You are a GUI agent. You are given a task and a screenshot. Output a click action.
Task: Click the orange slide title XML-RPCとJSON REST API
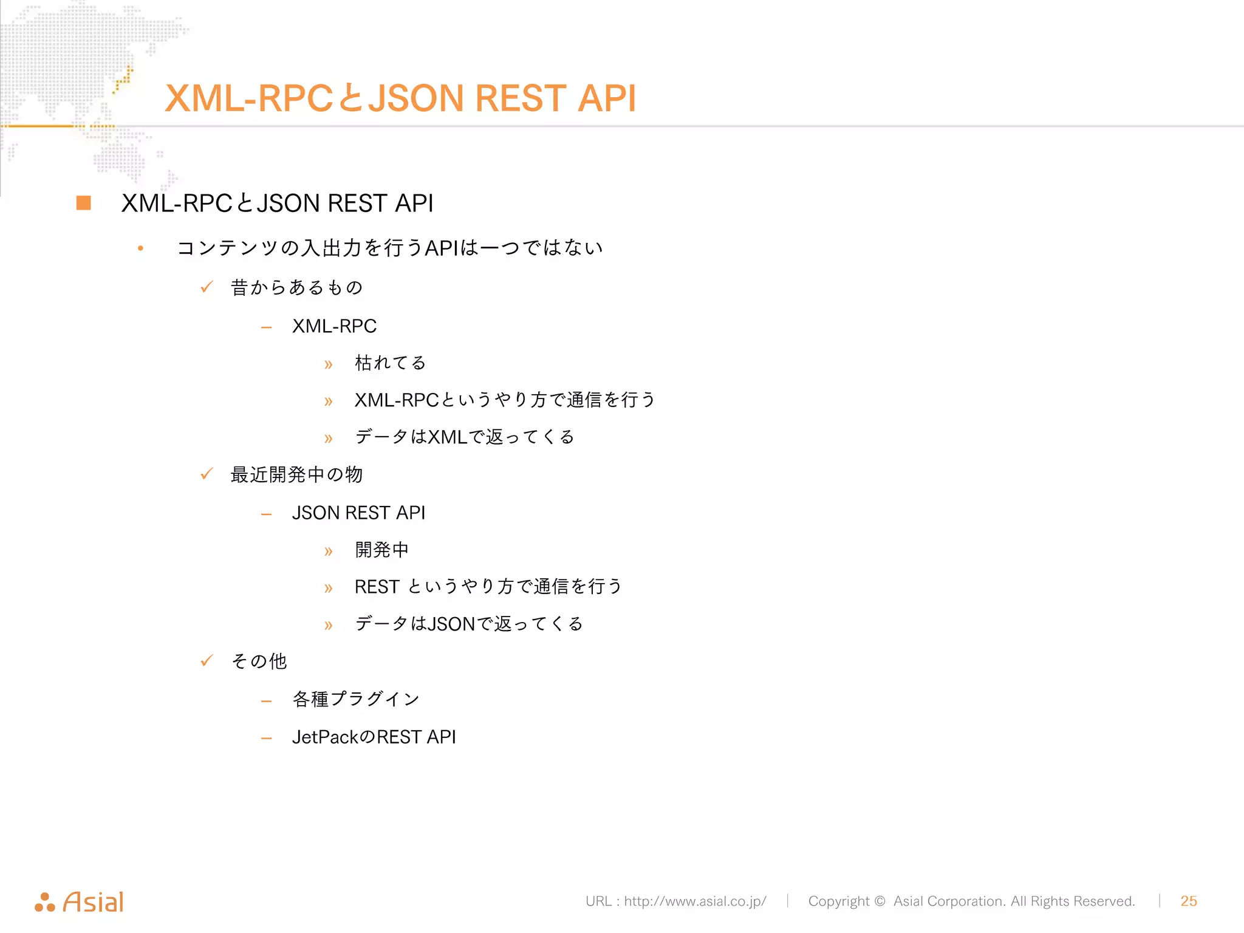pyautogui.click(x=400, y=98)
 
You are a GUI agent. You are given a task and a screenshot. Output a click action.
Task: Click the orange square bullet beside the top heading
pyautogui.click(x=84, y=203)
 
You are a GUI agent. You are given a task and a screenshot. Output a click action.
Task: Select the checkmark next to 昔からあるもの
pyautogui.click(x=207, y=287)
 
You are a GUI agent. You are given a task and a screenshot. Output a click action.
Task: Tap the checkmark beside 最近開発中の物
pyautogui.click(x=207, y=474)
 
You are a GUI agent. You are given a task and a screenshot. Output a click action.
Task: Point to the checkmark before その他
pyautogui.click(x=207, y=660)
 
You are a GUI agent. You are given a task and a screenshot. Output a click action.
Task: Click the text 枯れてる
pyautogui.click(x=390, y=363)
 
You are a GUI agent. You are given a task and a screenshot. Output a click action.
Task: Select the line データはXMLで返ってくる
pyautogui.click(x=465, y=437)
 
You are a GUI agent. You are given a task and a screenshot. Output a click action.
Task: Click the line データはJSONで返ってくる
pyautogui.click(x=469, y=624)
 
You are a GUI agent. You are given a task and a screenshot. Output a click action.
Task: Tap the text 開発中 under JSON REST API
pyautogui.click(x=381, y=550)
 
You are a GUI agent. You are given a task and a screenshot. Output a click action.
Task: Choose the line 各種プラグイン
pyautogui.click(x=356, y=699)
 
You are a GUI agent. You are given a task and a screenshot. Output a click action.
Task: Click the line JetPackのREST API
pyautogui.click(x=374, y=737)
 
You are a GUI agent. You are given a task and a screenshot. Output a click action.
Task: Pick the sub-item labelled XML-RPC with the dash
pyautogui.click(x=334, y=326)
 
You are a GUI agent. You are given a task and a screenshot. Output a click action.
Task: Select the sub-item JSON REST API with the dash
pyautogui.click(x=358, y=513)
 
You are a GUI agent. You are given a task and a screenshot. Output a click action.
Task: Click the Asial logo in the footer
pyautogui.click(x=80, y=902)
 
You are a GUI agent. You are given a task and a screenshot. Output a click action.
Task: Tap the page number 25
pyautogui.click(x=1188, y=901)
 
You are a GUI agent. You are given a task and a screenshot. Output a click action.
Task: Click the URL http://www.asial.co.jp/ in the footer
pyautogui.click(x=695, y=901)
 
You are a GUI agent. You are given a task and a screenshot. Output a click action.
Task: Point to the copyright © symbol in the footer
pyautogui.click(x=880, y=901)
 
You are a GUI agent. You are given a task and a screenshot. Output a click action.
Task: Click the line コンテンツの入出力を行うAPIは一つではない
pyautogui.click(x=389, y=248)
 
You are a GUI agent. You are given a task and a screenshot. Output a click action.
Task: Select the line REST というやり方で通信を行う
pyautogui.click(x=488, y=587)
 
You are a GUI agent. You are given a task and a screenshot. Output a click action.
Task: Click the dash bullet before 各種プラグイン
pyautogui.click(x=266, y=702)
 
